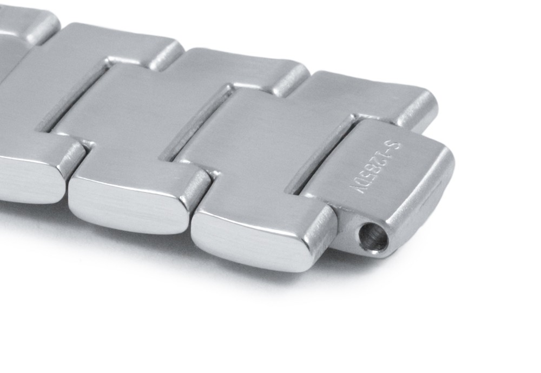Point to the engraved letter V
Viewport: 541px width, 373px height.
pyautogui.click(x=357, y=190)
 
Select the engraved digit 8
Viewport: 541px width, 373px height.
pyautogui.click(x=375, y=168)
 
